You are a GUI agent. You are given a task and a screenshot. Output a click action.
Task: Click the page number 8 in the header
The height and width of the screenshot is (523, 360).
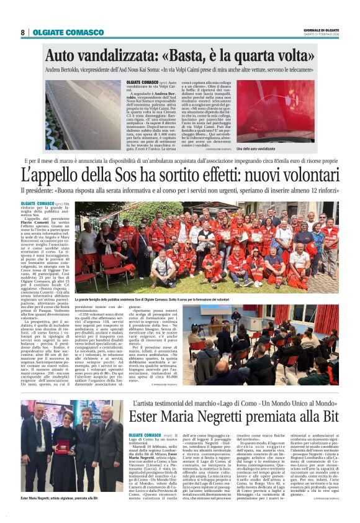(22, 32)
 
